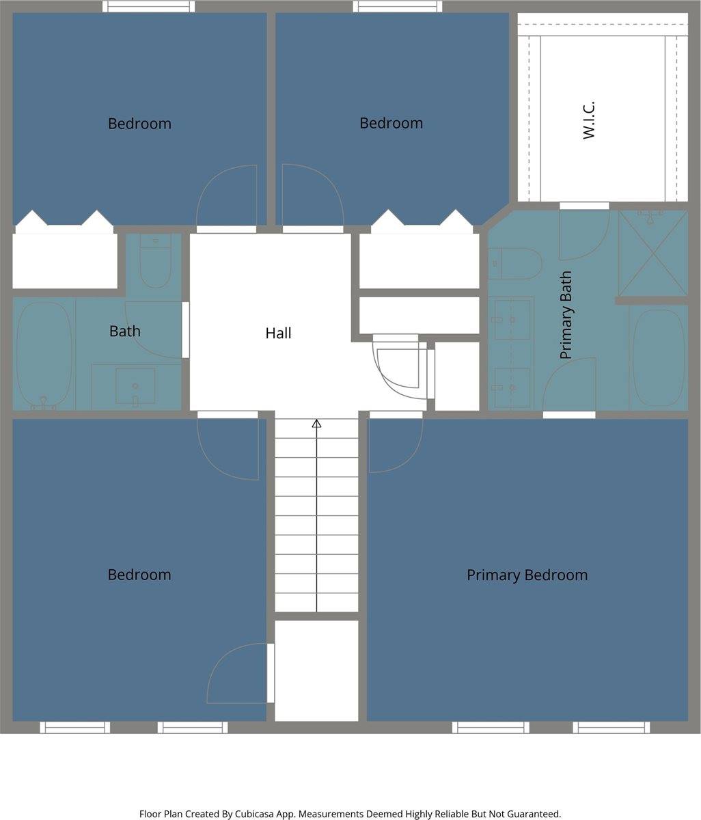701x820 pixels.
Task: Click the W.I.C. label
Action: (x=589, y=120)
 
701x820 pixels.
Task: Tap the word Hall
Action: (x=278, y=333)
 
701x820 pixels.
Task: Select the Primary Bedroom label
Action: (x=527, y=575)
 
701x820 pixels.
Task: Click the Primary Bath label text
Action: (x=566, y=315)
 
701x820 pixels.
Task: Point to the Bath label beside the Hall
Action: (x=125, y=331)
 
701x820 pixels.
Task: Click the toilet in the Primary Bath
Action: (x=516, y=264)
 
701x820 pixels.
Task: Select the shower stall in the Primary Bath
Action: (x=652, y=254)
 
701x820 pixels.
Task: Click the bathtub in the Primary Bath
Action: (x=658, y=357)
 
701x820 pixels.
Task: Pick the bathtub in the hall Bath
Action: (x=44, y=355)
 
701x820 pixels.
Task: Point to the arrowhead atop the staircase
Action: (x=316, y=424)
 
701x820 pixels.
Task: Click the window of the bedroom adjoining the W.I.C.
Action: (x=397, y=7)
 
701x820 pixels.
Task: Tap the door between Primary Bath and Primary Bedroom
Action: (x=568, y=414)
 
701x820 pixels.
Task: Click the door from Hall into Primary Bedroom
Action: (x=396, y=415)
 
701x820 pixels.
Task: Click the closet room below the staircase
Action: (x=316, y=670)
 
